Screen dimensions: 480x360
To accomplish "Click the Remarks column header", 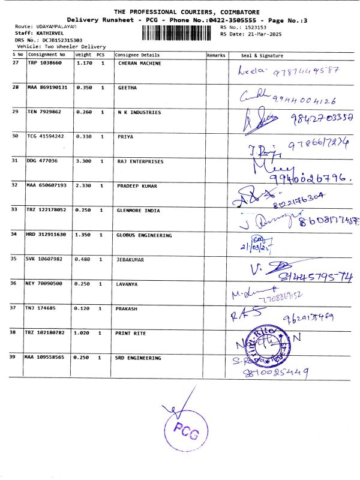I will coord(216,55).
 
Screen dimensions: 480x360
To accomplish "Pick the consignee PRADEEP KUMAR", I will coord(137,186).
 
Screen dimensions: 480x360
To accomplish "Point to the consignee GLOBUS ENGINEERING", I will coord(144,235).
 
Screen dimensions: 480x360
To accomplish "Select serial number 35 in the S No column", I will coord(14,259).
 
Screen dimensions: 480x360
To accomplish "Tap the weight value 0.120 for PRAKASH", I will coord(83,308).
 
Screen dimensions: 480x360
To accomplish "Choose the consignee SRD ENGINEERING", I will coord(139,358).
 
